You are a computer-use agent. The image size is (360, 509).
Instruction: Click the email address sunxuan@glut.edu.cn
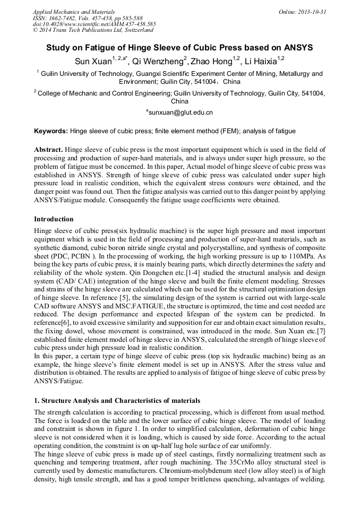coord(179,112)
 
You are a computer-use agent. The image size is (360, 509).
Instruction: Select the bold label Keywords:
coord(51,131)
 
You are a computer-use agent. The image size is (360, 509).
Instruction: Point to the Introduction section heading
coord(54,219)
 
